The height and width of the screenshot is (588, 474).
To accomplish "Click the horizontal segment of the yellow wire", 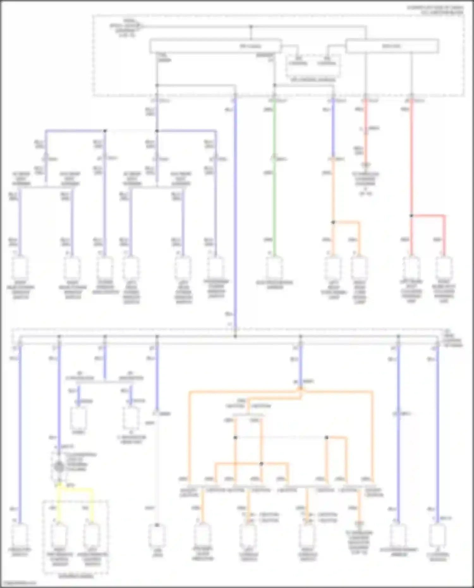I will click(76, 489).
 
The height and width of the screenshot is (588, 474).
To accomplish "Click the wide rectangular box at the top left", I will click(215, 46).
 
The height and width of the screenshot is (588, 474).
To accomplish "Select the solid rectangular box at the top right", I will click(392, 46).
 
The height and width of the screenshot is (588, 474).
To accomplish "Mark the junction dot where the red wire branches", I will click(411, 216).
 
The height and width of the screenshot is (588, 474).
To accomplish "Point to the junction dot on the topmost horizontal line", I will click(251, 27).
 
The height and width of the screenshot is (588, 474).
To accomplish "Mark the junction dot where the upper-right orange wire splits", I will click(333, 222).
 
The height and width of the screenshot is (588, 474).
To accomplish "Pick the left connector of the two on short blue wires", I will click(79, 417).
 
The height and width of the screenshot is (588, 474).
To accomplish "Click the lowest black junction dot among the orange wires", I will click(261, 464).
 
